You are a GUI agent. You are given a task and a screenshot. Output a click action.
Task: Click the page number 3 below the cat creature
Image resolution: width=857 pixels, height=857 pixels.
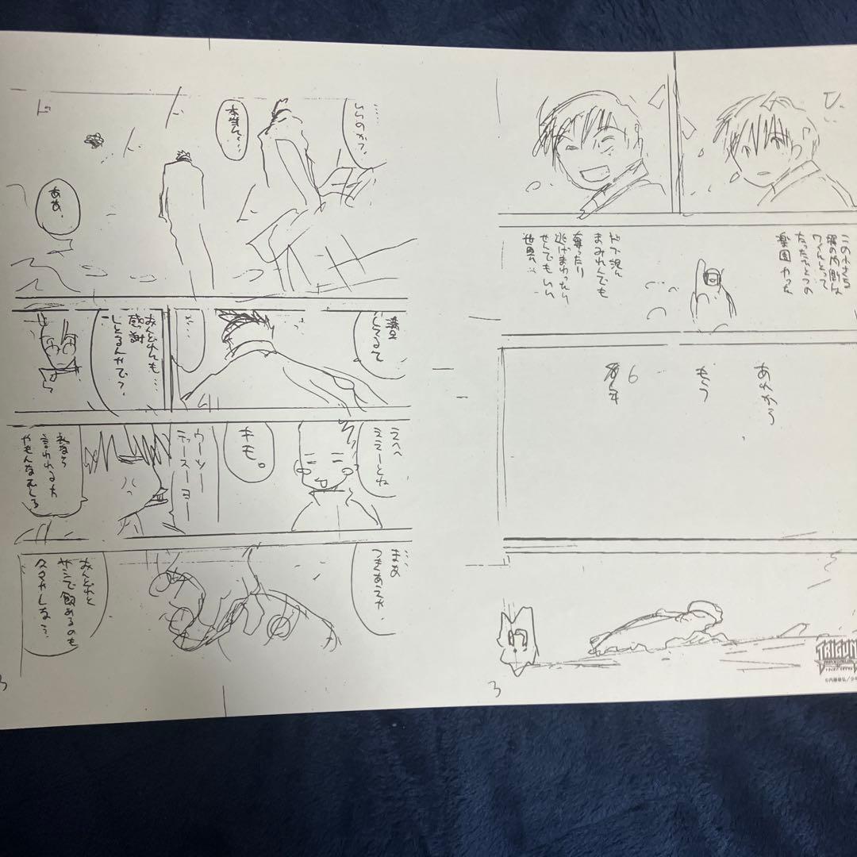click(x=496, y=689)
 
